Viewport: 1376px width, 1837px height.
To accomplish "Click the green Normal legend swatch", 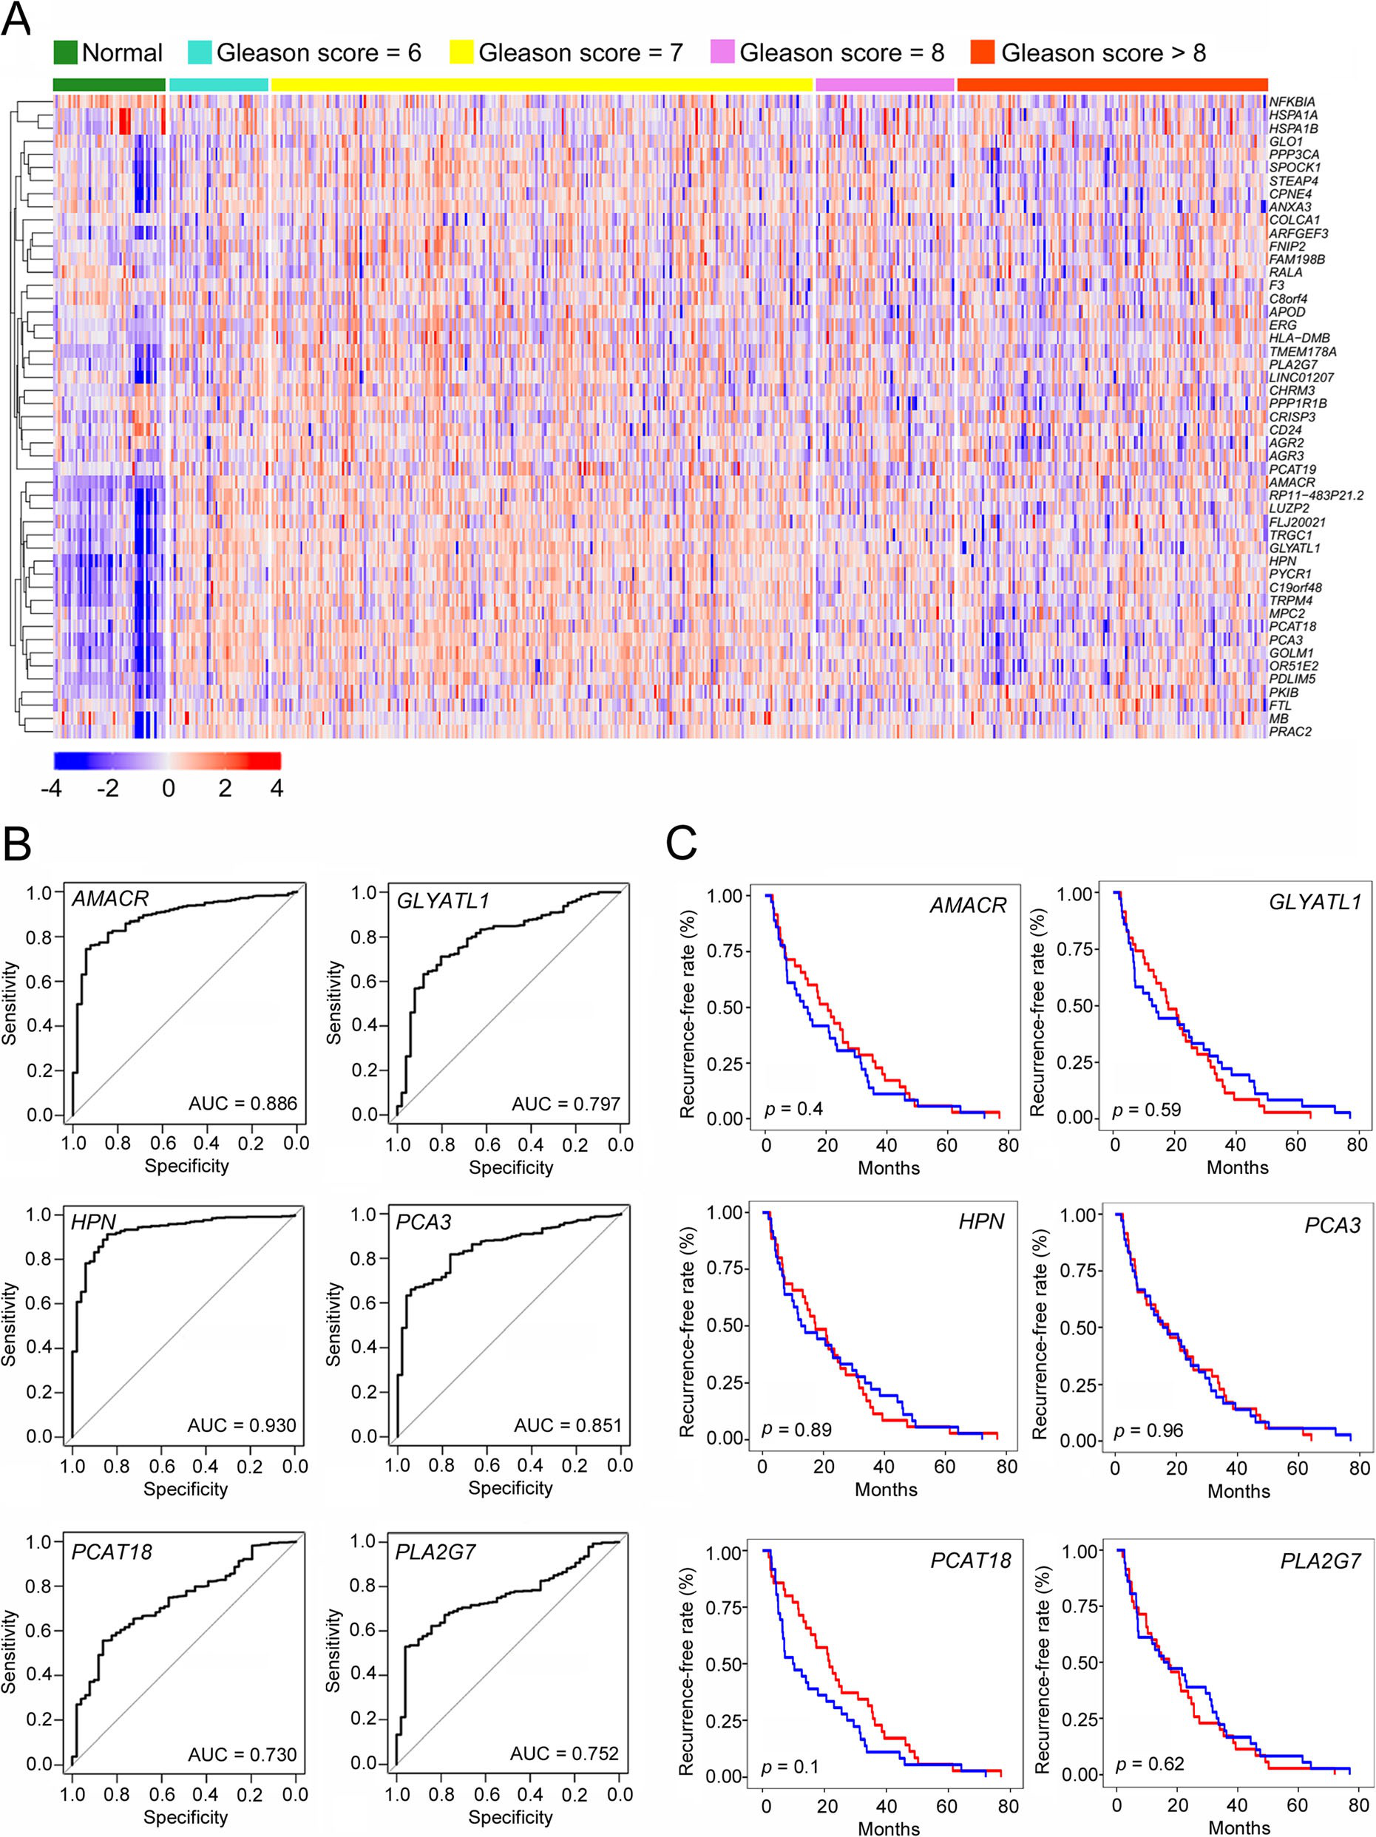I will click(x=65, y=52).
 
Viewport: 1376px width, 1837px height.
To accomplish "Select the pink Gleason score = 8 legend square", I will click(x=722, y=52).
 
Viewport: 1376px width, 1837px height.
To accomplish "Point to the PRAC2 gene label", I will click(x=1289, y=732).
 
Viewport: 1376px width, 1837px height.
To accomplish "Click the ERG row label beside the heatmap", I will click(x=1282, y=325).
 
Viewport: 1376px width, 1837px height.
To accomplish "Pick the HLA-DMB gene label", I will click(x=1299, y=338).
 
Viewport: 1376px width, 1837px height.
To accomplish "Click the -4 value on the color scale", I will click(x=52, y=788).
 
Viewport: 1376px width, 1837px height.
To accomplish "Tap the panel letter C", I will click(x=681, y=845).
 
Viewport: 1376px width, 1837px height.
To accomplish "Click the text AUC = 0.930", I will click(x=242, y=1425).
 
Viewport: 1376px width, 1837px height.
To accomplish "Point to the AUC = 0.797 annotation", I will click(x=566, y=1104).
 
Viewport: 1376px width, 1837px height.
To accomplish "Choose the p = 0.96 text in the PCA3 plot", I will click(x=1148, y=1430).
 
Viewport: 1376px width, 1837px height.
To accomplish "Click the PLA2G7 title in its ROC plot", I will click(x=435, y=1552).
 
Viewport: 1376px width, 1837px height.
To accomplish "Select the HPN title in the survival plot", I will click(x=980, y=1222).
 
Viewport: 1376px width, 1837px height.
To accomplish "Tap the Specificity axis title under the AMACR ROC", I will click(x=186, y=1166).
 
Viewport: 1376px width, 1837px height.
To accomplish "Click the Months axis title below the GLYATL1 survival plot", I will click(x=1237, y=1168).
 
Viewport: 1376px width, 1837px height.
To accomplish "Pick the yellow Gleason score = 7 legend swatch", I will click(x=461, y=52).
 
